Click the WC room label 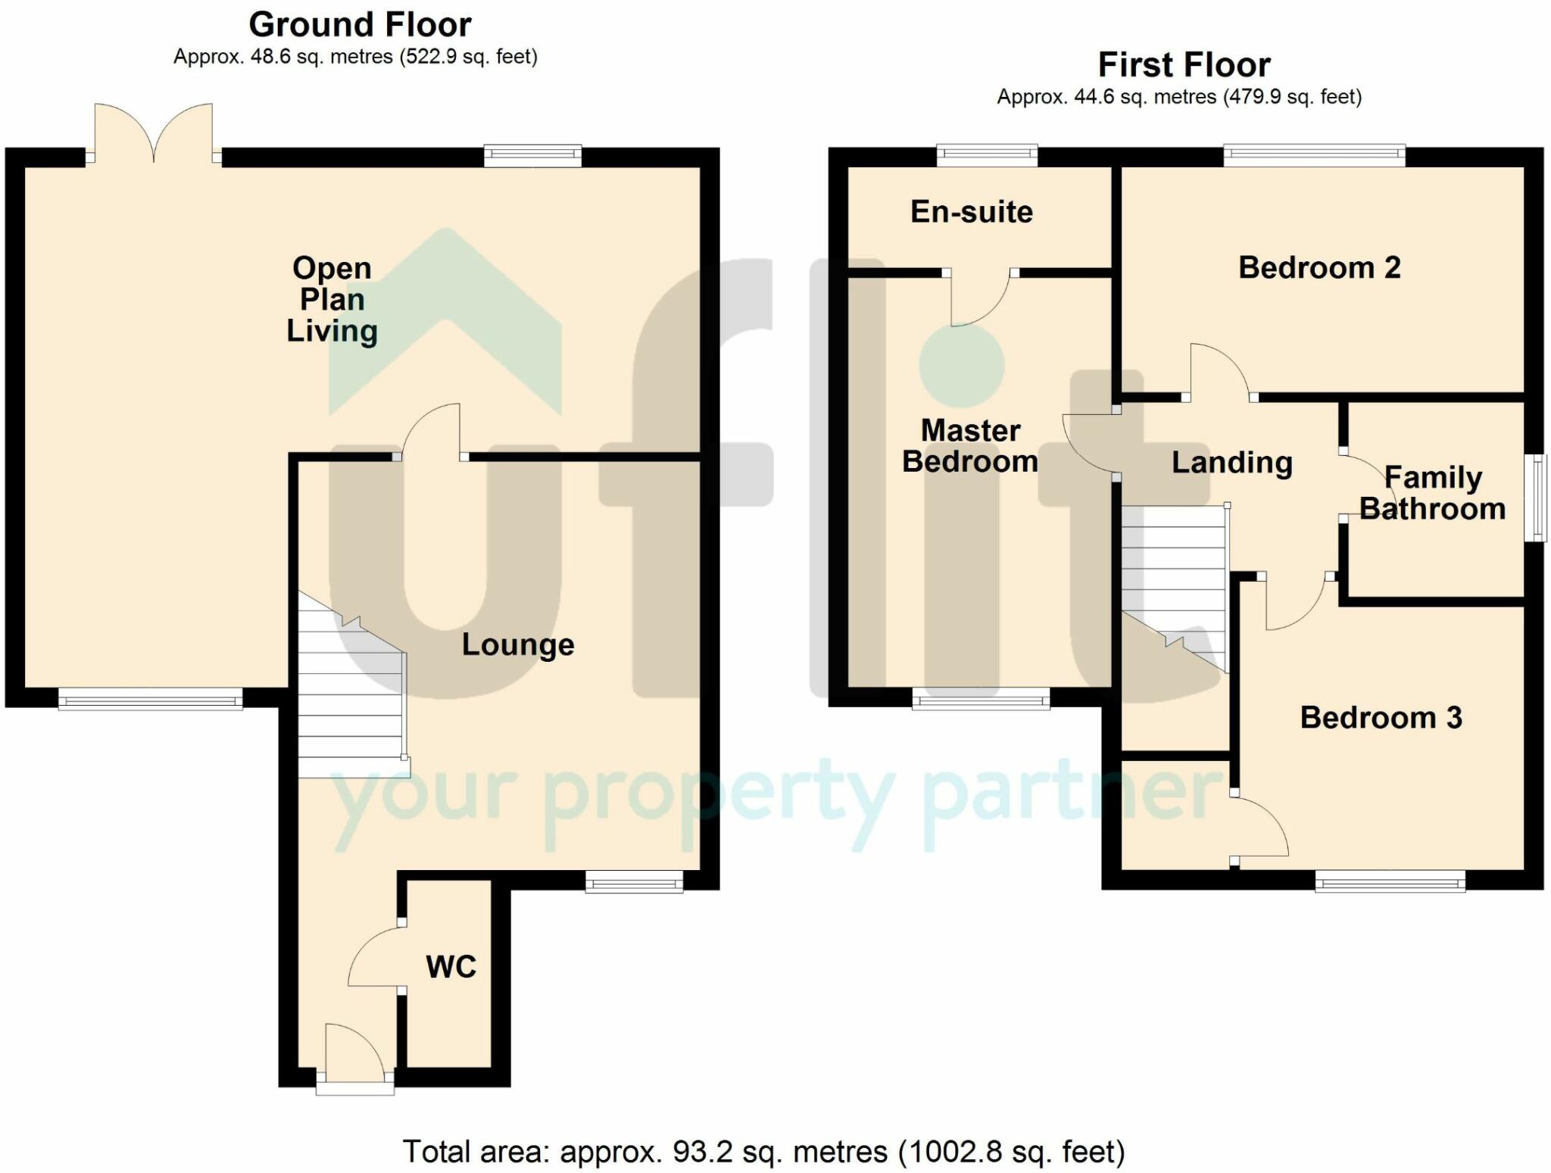(x=451, y=967)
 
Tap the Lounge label (x=518, y=644)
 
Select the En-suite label (x=972, y=211)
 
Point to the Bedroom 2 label (x=1319, y=267)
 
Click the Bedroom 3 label (x=1381, y=717)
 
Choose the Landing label (x=1232, y=463)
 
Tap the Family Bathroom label (x=1433, y=493)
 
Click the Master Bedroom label (x=970, y=445)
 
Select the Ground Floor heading (x=360, y=24)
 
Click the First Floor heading (x=1184, y=64)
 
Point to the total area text (x=763, y=1152)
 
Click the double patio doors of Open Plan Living (x=154, y=133)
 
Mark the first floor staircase (x=1175, y=588)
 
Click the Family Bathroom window (x=1535, y=498)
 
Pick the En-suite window (x=987, y=156)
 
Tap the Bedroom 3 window (x=1390, y=881)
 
